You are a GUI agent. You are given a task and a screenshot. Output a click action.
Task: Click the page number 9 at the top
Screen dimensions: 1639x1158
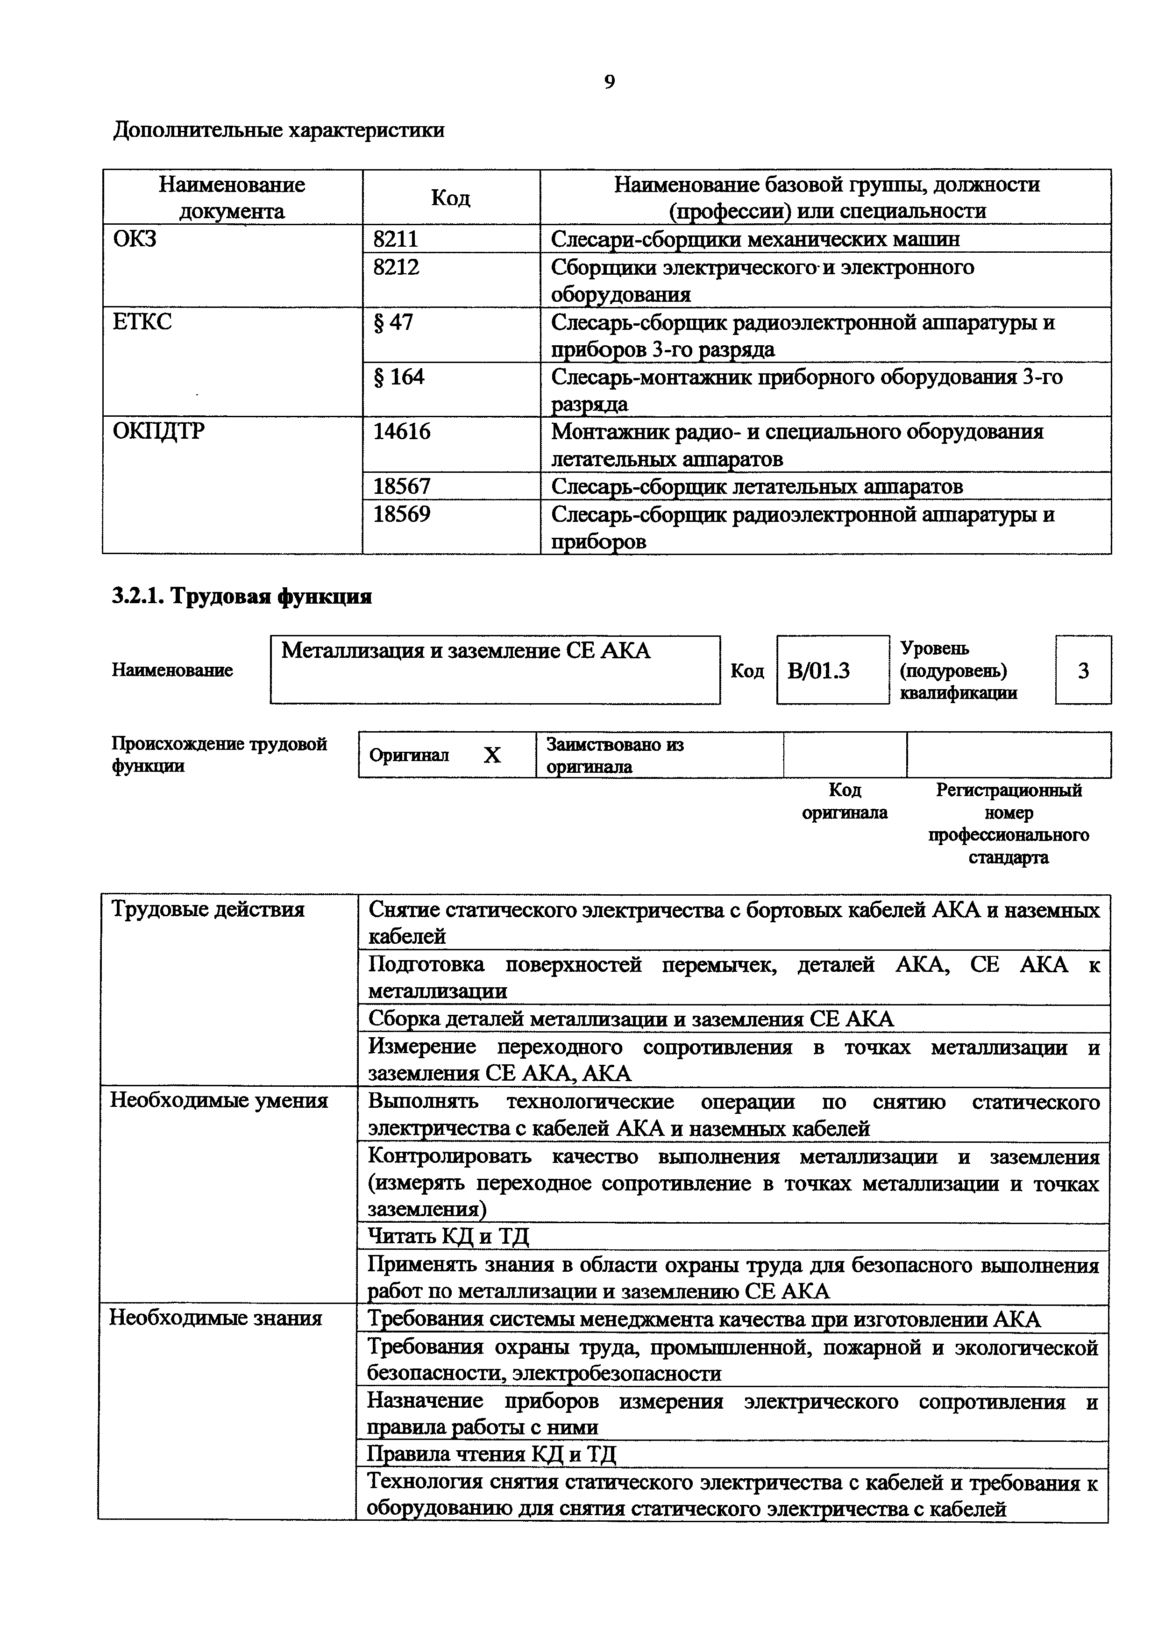point(609,82)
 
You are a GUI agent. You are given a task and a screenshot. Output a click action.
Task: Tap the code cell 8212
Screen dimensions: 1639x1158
point(396,267)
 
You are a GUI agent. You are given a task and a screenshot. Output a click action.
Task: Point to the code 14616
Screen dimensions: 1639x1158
point(402,432)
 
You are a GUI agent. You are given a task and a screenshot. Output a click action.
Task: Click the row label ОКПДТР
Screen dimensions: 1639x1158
point(158,432)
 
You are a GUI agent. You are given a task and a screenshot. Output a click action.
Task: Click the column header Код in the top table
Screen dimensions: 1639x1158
point(450,198)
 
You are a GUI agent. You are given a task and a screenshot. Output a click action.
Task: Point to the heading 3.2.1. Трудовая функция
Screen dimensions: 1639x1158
point(242,597)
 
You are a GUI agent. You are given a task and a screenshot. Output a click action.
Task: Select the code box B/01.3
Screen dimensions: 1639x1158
point(818,671)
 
